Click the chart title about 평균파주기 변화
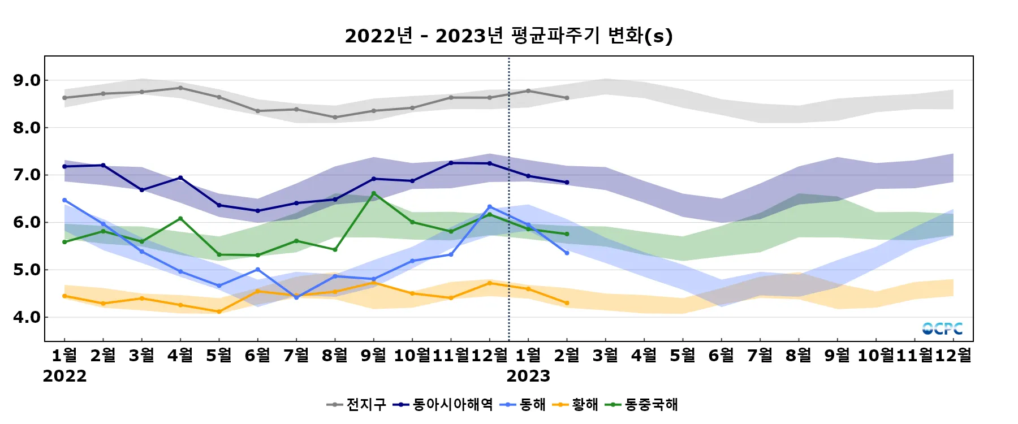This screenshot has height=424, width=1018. [x=508, y=36]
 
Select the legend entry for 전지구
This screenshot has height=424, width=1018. [x=357, y=404]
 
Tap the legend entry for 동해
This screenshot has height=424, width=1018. [x=523, y=404]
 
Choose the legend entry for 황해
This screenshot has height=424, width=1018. [x=575, y=404]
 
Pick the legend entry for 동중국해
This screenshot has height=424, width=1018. [x=641, y=404]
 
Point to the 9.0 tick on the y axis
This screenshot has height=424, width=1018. [x=27, y=80]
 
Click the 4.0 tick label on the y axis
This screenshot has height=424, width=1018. [x=27, y=317]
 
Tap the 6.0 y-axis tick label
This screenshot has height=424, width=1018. [x=27, y=222]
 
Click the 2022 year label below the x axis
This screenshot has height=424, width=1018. [x=64, y=376]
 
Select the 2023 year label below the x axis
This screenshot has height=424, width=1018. [x=528, y=376]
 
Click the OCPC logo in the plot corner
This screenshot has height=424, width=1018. [x=942, y=328]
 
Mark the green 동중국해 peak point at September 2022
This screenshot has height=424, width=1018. [x=373, y=193]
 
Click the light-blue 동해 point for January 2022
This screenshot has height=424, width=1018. [x=64, y=200]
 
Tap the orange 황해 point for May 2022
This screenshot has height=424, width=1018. [x=219, y=311]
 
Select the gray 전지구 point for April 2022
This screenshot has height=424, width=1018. [x=180, y=88]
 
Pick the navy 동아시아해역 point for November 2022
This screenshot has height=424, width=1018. [x=451, y=163]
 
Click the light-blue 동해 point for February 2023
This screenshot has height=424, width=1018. [x=567, y=253]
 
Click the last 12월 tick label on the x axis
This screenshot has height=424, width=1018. [x=954, y=355]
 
